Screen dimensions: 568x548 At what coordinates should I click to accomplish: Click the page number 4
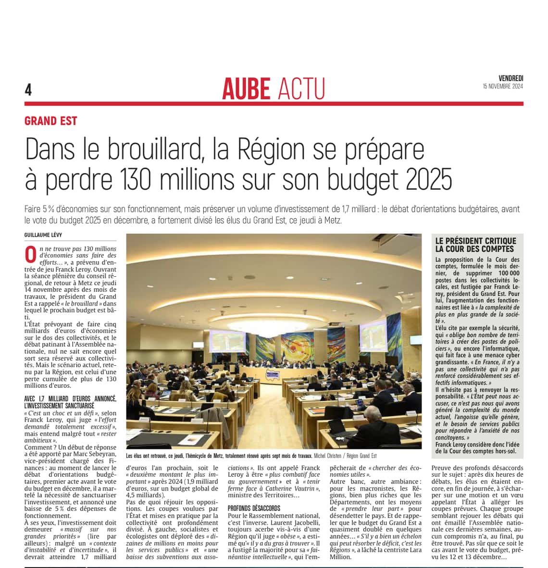28,89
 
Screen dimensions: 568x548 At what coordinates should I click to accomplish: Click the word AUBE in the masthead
246,89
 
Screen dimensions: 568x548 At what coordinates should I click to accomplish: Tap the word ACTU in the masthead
301,89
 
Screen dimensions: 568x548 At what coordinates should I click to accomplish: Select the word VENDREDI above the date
511,78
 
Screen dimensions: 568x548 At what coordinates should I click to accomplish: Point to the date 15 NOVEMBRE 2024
503,86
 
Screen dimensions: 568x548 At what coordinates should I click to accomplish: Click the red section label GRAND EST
50,121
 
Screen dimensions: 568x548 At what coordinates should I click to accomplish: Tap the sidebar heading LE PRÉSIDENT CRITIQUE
475,241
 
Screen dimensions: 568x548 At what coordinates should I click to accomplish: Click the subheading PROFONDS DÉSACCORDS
254,508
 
